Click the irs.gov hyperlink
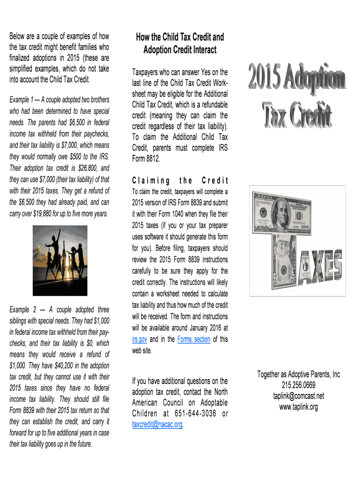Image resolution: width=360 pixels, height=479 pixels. (x=140, y=340)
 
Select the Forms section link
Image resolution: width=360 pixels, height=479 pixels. (x=194, y=340)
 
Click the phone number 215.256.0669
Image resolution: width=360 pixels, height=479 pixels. (x=298, y=385)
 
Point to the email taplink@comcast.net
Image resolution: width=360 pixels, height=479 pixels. (x=298, y=396)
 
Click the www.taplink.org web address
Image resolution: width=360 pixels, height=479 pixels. (x=298, y=407)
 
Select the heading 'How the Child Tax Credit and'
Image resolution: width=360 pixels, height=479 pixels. (x=180, y=37)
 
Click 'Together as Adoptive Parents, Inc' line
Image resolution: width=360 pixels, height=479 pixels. (x=298, y=375)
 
